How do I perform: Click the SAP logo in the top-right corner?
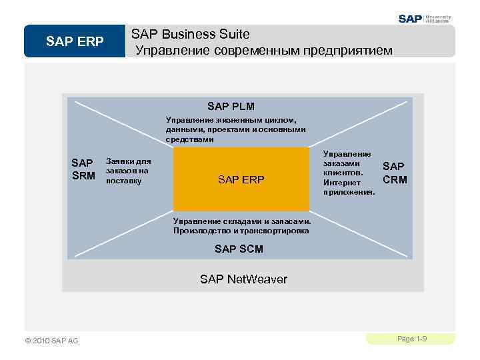pos(411,19)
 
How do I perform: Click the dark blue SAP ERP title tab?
pos(75,42)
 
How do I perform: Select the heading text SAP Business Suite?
pos(190,33)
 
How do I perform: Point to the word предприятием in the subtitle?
pos(349,50)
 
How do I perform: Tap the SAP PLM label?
pos(231,106)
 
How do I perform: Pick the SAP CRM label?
pos(395,173)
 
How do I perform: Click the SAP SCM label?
pos(239,249)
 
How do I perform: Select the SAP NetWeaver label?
pos(243,279)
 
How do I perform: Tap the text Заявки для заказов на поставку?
pos(129,171)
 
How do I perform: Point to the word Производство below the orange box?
pos(198,231)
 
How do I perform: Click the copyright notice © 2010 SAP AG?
pos(47,341)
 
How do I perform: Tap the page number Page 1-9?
pos(411,339)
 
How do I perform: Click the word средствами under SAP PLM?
pos(189,140)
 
